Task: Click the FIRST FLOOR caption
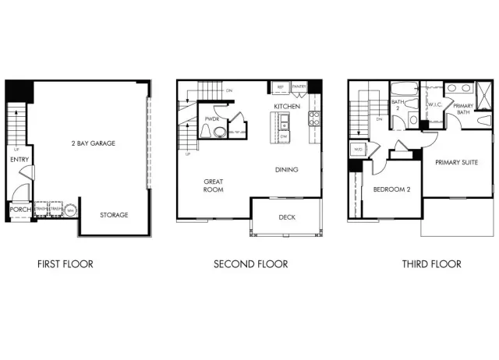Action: click(65, 264)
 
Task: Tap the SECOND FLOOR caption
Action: click(250, 264)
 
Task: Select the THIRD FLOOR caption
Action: click(431, 264)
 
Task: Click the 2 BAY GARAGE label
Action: click(88, 144)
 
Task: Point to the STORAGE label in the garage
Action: click(114, 215)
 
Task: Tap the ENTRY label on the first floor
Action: click(19, 160)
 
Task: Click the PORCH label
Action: click(19, 210)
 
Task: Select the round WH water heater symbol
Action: click(70, 210)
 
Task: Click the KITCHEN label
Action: click(286, 106)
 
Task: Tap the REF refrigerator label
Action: click(280, 86)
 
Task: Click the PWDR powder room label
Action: click(211, 118)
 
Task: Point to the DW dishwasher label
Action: click(284, 136)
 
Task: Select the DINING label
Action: click(287, 169)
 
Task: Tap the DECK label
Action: click(287, 217)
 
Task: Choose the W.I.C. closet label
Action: click(434, 104)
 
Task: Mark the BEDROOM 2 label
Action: click(392, 189)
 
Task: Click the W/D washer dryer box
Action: click(359, 149)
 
